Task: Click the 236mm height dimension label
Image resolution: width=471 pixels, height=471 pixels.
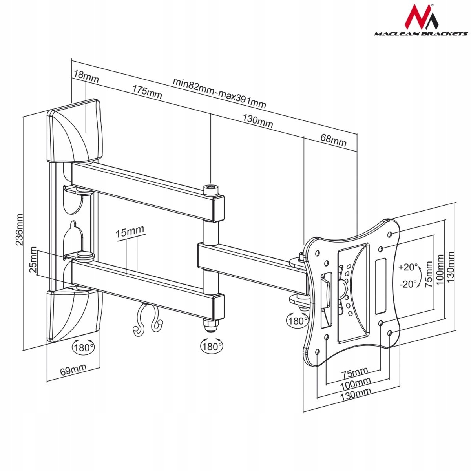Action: point(19,229)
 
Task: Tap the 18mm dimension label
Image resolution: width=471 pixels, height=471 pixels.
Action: point(86,76)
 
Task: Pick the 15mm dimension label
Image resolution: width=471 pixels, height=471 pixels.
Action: point(130,232)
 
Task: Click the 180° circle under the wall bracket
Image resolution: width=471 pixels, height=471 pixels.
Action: point(83,347)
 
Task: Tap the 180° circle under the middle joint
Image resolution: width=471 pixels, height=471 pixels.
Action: point(212,346)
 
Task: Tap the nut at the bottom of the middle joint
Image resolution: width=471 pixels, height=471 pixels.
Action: point(210,325)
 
